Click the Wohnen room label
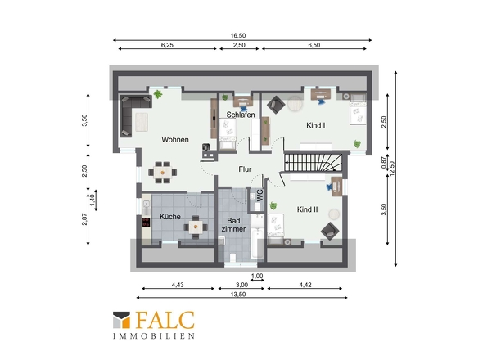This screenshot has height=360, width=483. [175, 140]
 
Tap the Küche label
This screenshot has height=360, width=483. [170, 217]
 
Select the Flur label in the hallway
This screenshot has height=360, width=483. [245, 169]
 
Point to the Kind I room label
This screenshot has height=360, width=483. [316, 125]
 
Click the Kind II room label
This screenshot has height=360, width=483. [308, 209]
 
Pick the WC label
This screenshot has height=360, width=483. [260, 196]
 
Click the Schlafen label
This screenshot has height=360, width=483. [241, 115]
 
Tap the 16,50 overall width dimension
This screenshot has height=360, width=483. [238, 35]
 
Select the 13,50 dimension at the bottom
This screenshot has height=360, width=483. [238, 294]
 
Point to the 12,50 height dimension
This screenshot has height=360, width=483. [392, 169]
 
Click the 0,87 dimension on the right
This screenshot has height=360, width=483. [384, 163]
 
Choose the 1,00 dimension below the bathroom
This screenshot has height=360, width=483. [257, 276]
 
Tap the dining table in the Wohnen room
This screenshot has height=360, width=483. [162, 173]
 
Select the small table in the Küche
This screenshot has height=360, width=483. [196, 227]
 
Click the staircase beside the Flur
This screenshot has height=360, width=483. [314, 162]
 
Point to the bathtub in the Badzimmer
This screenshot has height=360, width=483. [257, 243]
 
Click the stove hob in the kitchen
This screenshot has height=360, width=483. [147, 222]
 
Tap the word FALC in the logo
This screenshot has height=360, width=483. [165, 320]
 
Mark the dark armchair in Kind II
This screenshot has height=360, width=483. [330, 231]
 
